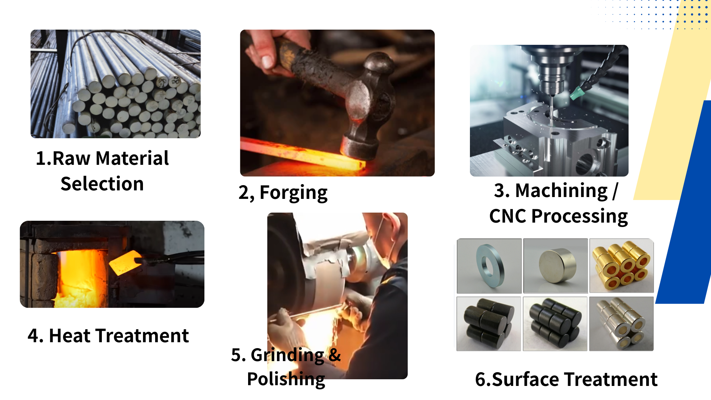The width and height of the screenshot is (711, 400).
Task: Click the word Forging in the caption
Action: (x=293, y=193)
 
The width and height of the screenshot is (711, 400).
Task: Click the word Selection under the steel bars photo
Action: (x=102, y=184)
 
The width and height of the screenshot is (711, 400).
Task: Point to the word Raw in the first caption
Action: (x=71, y=159)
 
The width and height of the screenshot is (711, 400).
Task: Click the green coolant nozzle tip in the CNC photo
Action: (x=575, y=93)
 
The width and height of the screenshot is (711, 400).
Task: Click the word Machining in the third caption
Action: (x=561, y=191)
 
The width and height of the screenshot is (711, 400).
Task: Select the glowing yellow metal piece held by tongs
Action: (x=124, y=262)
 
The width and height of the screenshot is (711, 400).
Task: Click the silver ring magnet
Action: (x=490, y=266)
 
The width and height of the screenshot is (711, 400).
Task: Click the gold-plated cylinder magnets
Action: (x=621, y=266)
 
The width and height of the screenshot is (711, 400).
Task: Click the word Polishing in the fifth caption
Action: (x=286, y=379)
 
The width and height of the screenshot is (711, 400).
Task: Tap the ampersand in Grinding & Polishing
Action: (x=334, y=355)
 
